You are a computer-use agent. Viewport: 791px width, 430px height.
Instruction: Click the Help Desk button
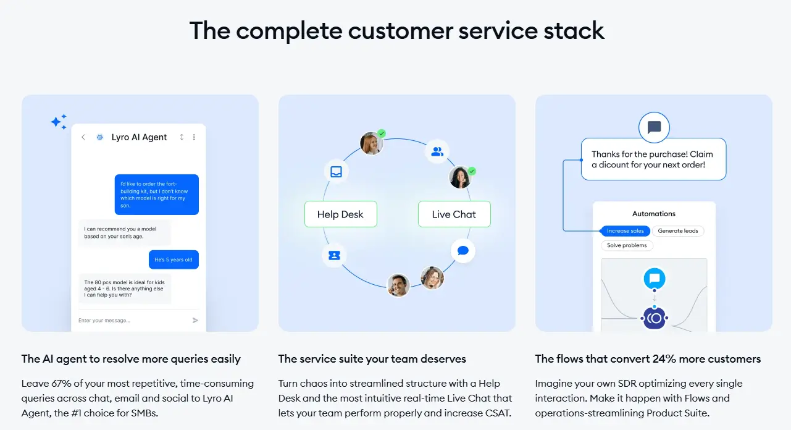340,214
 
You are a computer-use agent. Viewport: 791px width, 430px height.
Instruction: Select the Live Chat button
454,214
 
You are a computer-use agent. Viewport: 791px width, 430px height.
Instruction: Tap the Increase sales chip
625,231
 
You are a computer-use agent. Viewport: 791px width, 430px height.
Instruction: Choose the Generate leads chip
677,231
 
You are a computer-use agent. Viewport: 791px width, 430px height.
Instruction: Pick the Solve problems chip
627,245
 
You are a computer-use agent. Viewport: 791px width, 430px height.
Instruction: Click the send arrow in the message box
195,320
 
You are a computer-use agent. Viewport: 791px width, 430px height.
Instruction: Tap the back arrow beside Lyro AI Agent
83,137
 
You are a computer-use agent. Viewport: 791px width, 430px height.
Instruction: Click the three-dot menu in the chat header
194,137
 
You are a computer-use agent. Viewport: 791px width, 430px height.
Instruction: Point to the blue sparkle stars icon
59,122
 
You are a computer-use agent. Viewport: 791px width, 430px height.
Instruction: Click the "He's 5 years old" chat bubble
174,259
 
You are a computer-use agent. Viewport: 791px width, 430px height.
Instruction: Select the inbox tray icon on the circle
336,172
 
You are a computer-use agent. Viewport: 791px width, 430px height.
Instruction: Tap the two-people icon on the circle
437,151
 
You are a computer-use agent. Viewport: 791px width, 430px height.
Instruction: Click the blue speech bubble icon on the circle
462,251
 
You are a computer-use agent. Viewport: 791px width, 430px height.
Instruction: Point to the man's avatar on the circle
398,285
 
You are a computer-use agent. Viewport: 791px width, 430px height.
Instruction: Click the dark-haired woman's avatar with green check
460,177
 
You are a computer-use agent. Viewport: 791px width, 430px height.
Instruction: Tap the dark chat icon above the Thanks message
654,127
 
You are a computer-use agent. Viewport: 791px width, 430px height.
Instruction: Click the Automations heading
653,214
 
